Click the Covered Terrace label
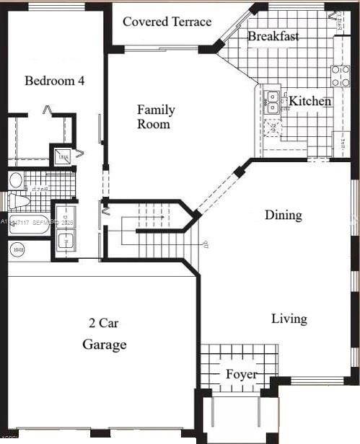click(x=167, y=22)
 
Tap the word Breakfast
click(x=273, y=36)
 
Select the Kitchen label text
click(x=309, y=102)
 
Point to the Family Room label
click(x=156, y=117)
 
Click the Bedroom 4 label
click(x=54, y=81)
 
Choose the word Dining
click(x=283, y=215)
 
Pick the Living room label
click(x=289, y=319)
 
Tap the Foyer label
click(x=241, y=374)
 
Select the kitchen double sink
click(x=271, y=102)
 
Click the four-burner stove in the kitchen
click(x=341, y=76)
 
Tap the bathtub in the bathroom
click(x=29, y=224)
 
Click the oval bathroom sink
click(x=16, y=179)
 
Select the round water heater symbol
click(x=18, y=249)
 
